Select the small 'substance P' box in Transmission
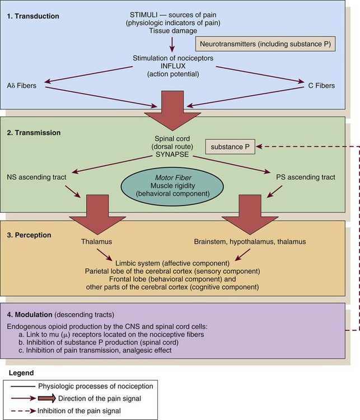pos(228,147)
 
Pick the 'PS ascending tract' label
pos(306,177)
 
